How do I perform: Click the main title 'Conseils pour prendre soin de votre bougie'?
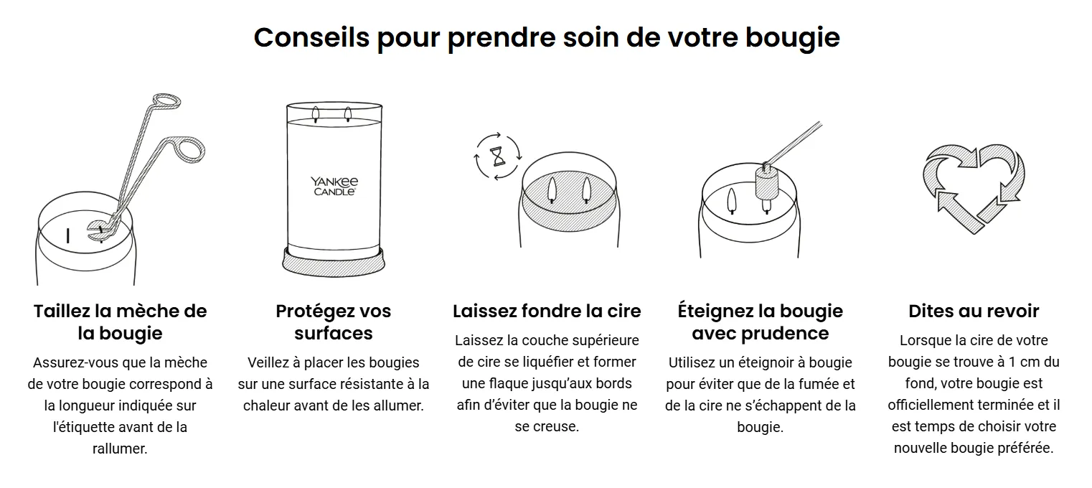tap(547, 38)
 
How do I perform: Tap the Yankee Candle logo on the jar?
tap(334, 187)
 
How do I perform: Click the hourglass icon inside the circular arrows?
tap(498, 157)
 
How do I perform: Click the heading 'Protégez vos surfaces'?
tap(334, 322)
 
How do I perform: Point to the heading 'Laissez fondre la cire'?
tap(547, 311)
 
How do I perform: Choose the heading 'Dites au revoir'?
tap(974, 311)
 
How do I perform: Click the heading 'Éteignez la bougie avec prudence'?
tap(760, 322)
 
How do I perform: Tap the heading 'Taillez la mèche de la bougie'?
tap(120, 322)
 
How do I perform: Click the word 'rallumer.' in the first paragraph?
tap(120, 449)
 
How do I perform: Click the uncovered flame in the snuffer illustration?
tap(731, 200)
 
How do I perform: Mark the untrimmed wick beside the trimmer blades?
tap(67, 236)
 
